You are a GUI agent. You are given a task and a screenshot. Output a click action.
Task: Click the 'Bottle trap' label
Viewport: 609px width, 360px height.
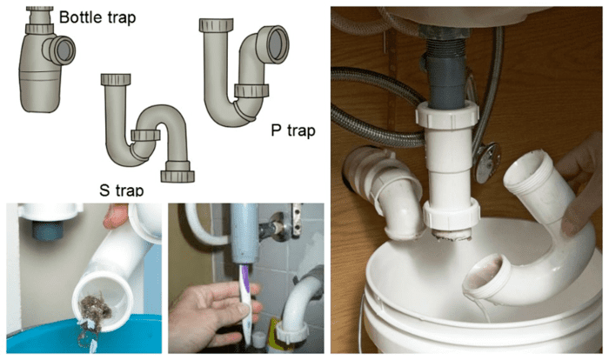[x=97, y=17]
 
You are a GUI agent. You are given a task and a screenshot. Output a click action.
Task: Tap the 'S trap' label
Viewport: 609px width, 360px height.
[x=122, y=190]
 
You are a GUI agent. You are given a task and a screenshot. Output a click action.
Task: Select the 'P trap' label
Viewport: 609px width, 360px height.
[x=293, y=130]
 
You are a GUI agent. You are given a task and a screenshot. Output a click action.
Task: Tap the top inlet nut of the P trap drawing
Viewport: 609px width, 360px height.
[x=217, y=25]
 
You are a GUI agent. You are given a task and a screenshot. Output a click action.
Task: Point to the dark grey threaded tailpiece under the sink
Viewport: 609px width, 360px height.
[x=445, y=69]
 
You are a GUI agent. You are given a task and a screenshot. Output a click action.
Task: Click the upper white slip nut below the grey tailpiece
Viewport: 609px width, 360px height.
[x=447, y=113]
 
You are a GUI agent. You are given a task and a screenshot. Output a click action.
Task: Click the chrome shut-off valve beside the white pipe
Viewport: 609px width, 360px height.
[x=487, y=163]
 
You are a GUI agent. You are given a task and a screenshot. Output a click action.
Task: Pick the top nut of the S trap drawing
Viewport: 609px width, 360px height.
[x=116, y=80]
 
